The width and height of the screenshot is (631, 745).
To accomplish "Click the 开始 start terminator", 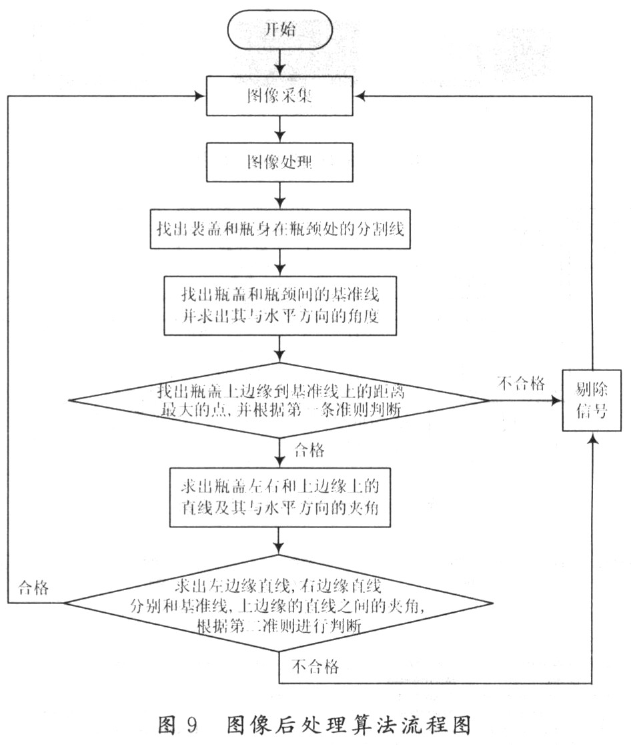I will pos(279,31).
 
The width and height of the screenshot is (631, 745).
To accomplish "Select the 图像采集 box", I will pos(280,96).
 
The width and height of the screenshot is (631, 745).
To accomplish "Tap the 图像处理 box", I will pos(280,162).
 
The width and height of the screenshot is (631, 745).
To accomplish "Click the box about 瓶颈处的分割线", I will pos(280,228).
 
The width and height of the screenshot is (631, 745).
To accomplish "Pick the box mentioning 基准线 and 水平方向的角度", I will pos(280,305).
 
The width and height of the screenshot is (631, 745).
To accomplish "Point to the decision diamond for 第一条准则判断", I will pos(280,401).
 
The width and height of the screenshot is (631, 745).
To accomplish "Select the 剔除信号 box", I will pos(591,401).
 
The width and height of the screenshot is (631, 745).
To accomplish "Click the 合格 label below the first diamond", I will pos(309,451).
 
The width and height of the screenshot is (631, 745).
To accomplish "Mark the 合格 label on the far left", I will pos(33,588).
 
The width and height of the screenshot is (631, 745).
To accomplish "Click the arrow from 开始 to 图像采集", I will pos(280,63).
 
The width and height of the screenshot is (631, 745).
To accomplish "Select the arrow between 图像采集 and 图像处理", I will pos(280,129).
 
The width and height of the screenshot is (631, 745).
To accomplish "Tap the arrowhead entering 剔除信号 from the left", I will pos(556,401).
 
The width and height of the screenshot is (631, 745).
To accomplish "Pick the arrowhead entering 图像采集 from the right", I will pos(359,96).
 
